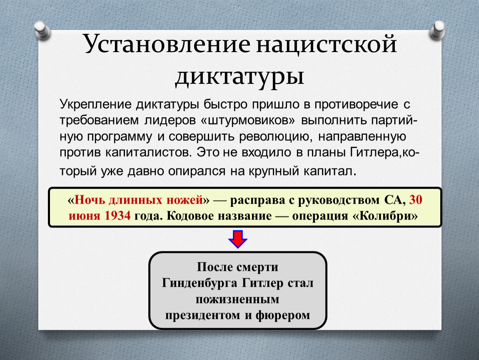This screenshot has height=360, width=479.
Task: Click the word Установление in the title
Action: [167, 44]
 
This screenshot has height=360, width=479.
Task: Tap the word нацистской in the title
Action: [327, 44]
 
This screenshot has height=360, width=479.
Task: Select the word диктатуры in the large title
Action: [239, 76]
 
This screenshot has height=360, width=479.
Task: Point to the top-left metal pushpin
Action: [42, 30]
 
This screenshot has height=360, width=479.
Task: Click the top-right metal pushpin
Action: [437, 30]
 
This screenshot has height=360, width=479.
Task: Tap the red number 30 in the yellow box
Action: [415, 200]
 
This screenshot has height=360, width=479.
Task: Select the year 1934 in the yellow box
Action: [117, 216]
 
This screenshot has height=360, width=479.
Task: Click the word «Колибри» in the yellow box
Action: [385, 216]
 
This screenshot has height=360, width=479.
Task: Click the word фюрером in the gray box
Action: [282, 315]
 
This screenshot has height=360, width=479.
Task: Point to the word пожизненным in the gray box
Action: [237, 299]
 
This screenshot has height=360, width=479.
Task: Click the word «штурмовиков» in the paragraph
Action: [248, 120]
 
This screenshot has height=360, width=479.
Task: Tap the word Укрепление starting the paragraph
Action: [95, 105]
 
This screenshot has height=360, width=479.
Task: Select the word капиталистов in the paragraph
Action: [148, 152]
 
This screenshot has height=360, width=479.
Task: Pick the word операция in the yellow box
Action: [320, 216]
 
